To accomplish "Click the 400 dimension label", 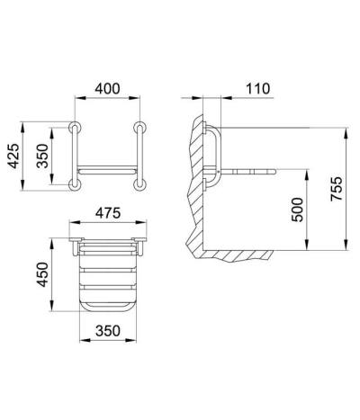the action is click(107, 89).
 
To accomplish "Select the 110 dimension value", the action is click(257, 89).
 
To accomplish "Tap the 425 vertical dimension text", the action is click(13, 156).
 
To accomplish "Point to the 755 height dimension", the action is click(337, 189).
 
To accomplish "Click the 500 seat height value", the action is click(298, 210).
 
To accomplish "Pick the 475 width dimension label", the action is click(108, 213).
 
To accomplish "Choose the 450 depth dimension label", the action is click(42, 274).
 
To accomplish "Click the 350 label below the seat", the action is click(108, 331).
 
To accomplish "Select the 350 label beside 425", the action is click(42, 156).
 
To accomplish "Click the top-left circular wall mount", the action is click(75, 127).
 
